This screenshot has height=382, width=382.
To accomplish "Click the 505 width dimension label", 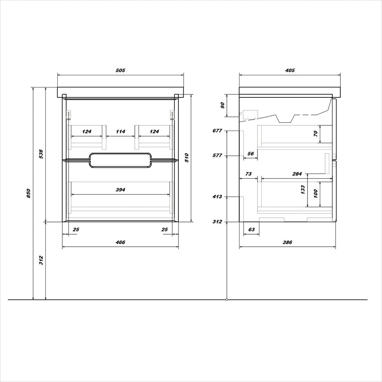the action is tap(120, 70).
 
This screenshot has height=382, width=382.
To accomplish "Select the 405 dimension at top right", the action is tap(290, 70).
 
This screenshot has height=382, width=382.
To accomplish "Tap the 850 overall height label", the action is tap(28, 193).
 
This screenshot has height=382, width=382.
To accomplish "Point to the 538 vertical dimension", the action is tap(41, 154).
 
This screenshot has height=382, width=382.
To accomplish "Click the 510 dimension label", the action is tap(187, 158).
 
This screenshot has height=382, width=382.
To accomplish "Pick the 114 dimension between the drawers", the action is tap(120, 131).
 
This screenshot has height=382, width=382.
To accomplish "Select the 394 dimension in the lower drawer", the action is tap(120, 189).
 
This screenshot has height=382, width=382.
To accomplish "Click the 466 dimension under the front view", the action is tap(120, 242).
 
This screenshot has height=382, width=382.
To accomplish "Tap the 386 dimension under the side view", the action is tap(287, 242).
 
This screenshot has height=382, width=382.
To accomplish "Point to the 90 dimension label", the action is tap(222, 105).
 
